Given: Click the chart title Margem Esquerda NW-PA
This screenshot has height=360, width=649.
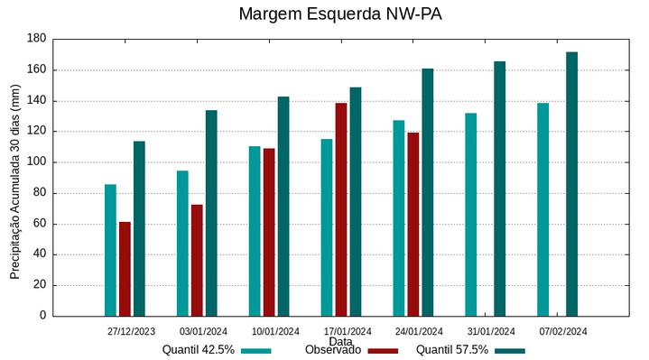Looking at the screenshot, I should (x=340, y=14).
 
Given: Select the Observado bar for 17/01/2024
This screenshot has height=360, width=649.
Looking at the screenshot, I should (x=341, y=209).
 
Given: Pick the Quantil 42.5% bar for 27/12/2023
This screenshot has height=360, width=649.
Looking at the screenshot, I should (x=110, y=250).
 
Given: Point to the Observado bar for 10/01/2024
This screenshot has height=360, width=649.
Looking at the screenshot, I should (x=269, y=232).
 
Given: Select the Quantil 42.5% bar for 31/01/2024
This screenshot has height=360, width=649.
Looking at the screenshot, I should (x=470, y=215).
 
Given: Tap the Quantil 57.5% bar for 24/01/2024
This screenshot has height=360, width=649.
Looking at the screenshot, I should (x=428, y=192).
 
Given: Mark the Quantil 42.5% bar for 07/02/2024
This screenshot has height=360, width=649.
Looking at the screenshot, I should (x=542, y=209).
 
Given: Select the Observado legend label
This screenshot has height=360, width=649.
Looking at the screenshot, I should (x=333, y=350).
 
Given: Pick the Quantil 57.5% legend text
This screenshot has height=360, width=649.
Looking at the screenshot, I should (x=452, y=350).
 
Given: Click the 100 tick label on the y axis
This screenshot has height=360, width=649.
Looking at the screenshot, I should (x=36, y=162).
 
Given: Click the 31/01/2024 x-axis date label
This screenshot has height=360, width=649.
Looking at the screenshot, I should (x=492, y=331).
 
